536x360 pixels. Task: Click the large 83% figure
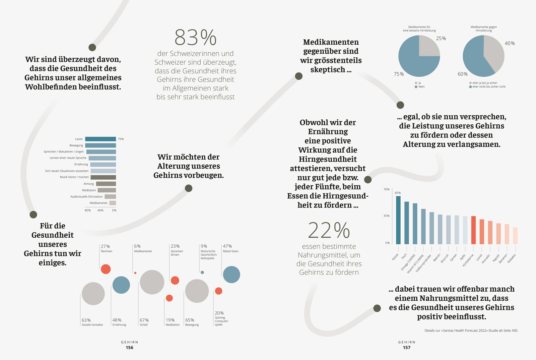click(x=196, y=37)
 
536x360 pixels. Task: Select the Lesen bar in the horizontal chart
click(x=100, y=139)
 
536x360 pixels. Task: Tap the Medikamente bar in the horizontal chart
click(x=113, y=203)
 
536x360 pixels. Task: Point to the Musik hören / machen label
click(x=74, y=177)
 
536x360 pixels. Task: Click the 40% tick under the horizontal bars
click(x=100, y=211)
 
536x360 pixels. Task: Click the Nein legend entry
click(x=420, y=87)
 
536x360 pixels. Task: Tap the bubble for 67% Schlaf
click(x=152, y=282)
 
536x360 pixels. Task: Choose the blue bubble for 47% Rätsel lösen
click(x=231, y=275)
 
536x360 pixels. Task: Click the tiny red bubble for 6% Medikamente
click(x=135, y=273)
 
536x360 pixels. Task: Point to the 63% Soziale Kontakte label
click(x=92, y=322)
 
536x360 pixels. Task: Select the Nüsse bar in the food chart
click(x=398, y=220)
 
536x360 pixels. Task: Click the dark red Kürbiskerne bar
click(x=473, y=230)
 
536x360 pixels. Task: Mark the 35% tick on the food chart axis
click(x=387, y=216)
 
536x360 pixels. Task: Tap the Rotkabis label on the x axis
click(x=512, y=258)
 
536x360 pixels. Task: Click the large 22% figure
click(x=329, y=230)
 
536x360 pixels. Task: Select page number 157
click(x=407, y=348)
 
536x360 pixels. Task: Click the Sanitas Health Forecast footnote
click(x=471, y=331)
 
